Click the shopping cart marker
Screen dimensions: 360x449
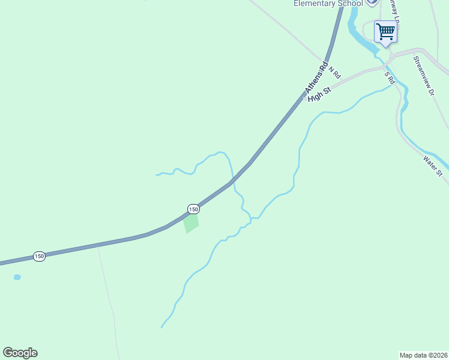[x=385, y=31]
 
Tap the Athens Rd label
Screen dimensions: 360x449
[x=316, y=77]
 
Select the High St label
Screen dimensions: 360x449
[x=319, y=95]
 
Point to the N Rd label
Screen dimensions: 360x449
[x=334, y=72]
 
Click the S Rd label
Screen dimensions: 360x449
[x=390, y=78]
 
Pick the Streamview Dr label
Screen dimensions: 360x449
[x=423, y=76]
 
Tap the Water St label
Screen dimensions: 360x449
[x=432, y=166]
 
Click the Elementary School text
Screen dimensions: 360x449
[x=328, y=4]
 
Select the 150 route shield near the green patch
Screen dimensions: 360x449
[x=193, y=209]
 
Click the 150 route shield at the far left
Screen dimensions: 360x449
[x=39, y=256]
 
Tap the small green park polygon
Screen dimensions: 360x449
[x=191, y=223]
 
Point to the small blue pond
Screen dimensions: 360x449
[x=17, y=277]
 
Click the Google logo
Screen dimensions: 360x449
[x=20, y=353]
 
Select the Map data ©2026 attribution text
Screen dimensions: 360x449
[x=423, y=355]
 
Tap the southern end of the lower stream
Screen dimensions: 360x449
[x=161, y=328]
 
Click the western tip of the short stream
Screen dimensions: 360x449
[x=157, y=175]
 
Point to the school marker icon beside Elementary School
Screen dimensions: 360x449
[x=372, y=2]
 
